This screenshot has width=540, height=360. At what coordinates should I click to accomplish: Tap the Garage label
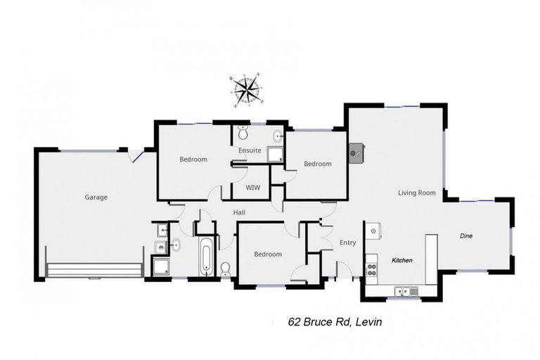pyautogui.click(x=96, y=198)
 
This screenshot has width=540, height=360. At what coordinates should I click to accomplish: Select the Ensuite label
pyautogui.click(x=250, y=150)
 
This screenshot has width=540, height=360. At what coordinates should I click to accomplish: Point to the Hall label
pyautogui.click(x=240, y=212)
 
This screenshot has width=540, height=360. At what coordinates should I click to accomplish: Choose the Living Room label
pyautogui.click(x=416, y=193)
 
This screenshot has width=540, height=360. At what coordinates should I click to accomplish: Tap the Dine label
pyautogui.click(x=466, y=236)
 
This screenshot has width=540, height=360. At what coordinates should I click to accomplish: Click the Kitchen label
pyautogui.click(x=401, y=261)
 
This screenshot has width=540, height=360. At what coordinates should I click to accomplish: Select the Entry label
pyautogui.click(x=347, y=243)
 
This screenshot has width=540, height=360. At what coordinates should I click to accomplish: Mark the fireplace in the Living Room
pyautogui.click(x=356, y=151)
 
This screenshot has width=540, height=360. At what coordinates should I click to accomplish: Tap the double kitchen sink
pyautogui.click(x=406, y=290)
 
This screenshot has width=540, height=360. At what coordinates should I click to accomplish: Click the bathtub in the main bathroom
pyautogui.click(x=207, y=257)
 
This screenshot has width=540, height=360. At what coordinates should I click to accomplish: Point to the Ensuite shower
pyautogui.click(x=274, y=155)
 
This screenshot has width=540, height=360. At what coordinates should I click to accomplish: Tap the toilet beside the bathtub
pyautogui.click(x=226, y=269)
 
